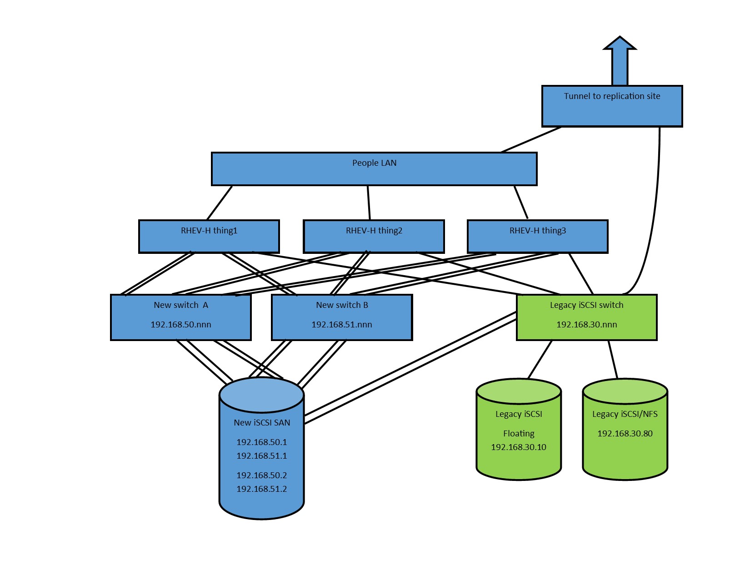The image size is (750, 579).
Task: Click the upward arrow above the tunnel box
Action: pyautogui.click(x=620, y=61)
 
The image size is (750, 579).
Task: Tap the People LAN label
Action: pyautogui.click(x=374, y=163)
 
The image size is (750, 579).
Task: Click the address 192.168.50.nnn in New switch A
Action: pyautogui.click(x=181, y=325)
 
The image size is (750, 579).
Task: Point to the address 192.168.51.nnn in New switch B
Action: pyautogui.click(x=341, y=325)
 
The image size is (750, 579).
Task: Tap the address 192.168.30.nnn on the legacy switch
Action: pyautogui.click(x=586, y=325)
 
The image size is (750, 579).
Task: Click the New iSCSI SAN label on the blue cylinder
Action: pyautogui.click(x=262, y=423)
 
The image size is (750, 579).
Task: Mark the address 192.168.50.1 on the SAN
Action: pyautogui.click(x=262, y=442)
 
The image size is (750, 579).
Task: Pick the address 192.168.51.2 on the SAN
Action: pyautogui.click(x=262, y=489)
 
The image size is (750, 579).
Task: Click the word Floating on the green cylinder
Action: pyautogui.click(x=519, y=434)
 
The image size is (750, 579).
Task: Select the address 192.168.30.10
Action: pyautogui.click(x=519, y=447)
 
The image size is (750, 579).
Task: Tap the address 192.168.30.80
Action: pyautogui.click(x=625, y=434)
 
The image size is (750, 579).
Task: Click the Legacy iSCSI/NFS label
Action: pyautogui.click(x=625, y=414)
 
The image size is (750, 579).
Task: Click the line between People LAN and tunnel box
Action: pyautogui.click(x=531, y=140)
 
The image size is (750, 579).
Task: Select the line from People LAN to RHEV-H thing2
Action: pyautogui.click(x=369, y=203)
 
